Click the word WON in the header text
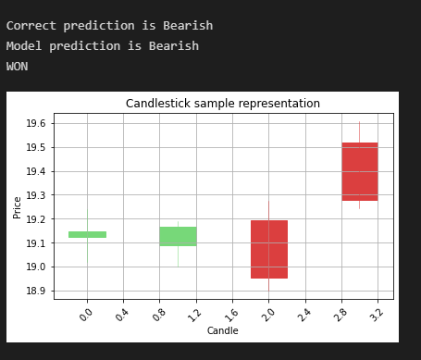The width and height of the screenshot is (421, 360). [x=17, y=67]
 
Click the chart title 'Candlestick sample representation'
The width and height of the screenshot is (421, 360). [x=223, y=104]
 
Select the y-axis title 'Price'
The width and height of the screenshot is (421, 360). [x=18, y=206]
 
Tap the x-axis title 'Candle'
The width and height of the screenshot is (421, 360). [x=222, y=330]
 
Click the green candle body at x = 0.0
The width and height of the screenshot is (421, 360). [x=87, y=234]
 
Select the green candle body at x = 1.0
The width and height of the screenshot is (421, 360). [x=178, y=236]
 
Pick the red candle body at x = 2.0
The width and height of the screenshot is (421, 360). [x=269, y=249]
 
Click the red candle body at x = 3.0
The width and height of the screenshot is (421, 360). [x=360, y=171]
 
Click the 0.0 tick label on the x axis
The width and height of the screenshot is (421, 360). [x=85, y=314]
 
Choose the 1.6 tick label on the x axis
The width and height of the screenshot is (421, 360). [x=230, y=314]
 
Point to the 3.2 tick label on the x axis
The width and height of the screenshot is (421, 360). [x=376, y=314]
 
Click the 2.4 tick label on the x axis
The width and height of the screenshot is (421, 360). [x=303, y=314]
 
